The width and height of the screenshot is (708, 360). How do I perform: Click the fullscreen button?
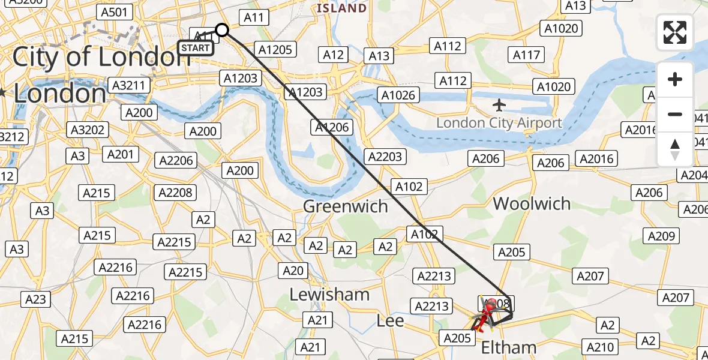pyautogui.click(x=675, y=32)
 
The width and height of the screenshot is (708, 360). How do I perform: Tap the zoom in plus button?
pyautogui.click(x=675, y=79)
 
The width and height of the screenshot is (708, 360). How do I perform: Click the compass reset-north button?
pyautogui.click(x=675, y=149)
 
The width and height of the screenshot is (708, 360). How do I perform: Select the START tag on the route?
pyautogui.click(x=196, y=48)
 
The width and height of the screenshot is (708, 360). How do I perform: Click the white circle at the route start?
pyautogui.click(x=222, y=30)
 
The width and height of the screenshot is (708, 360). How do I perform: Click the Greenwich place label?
pyautogui.click(x=345, y=206)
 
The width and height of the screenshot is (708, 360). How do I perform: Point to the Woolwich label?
pyautogui.click(x=532, y=203)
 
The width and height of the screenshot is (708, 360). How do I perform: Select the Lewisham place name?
pyautogui.click(x=329, y=295)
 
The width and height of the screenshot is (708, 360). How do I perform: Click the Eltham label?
pyautogui.click(x=509, y=347)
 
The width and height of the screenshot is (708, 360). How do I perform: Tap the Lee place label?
pyautogui.click(x=390, y=322)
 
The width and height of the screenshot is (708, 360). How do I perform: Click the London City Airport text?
pyautogui.click(x=499, y=124)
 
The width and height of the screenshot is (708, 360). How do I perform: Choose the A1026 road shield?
pyautogui.click(x=397, y=95)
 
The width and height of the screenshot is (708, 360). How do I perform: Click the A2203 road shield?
pyautogui.click(x=385, y=157)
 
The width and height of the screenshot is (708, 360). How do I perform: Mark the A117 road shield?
pyautogui.click(x=527, y=55)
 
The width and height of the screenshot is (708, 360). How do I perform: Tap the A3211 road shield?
pyautogui.click(x=128, y=85)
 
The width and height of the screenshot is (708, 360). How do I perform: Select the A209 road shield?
pyautogui.click(x=662, y=236)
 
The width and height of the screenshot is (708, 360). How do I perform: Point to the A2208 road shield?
pyautogui.click(x=176, y=193)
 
